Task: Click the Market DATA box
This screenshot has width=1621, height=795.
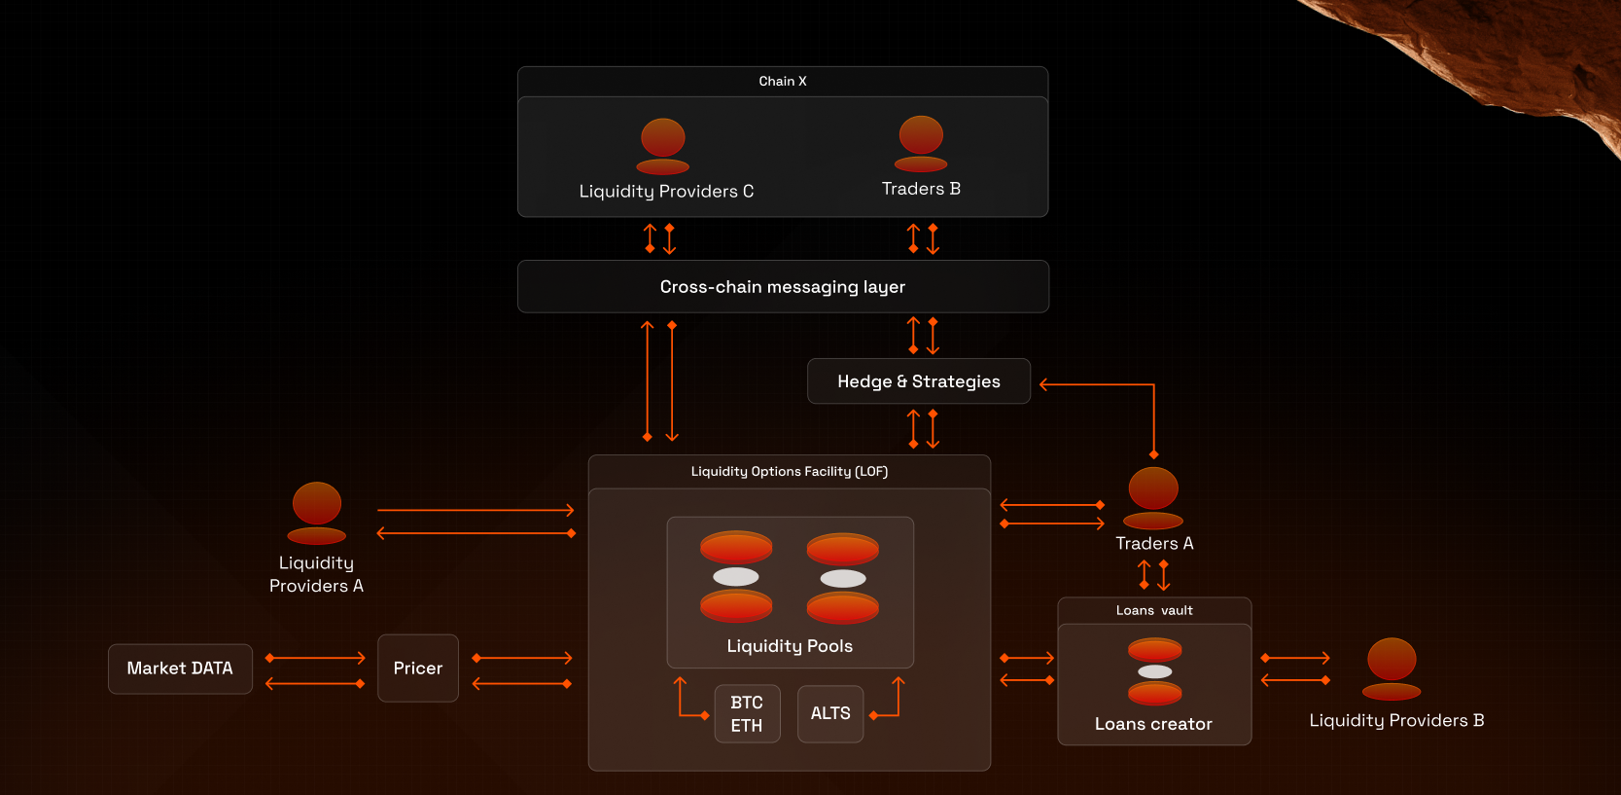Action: tap(180, 669)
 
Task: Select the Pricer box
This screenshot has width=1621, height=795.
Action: tap(418, 669)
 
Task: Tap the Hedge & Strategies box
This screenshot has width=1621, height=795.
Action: tap(918, 381)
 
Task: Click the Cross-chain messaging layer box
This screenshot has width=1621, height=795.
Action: tap(783, 287)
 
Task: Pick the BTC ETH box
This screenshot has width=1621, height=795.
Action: tap(747, 714)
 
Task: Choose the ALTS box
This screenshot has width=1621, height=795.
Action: tap(830, 714)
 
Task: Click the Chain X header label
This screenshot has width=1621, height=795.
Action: tap(783, 82)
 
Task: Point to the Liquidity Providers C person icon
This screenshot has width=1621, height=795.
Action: tap(663, 146)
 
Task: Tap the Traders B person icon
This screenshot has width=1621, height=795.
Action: tap(921, 144)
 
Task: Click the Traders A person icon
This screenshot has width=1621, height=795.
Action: tap(1153, 497)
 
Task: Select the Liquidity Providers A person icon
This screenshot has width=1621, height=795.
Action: tap(317, 513)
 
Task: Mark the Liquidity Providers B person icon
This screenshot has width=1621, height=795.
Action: tap(1392, 669)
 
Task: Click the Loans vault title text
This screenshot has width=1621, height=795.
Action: tap(1154, 611)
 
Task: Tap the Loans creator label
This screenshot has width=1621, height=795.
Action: tap(1153, 724)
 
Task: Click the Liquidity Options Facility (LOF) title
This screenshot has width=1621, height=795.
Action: tap(790, 472)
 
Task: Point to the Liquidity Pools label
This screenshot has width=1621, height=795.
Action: tap(790, 646)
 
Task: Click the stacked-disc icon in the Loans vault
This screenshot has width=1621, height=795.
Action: tap(1154, 671)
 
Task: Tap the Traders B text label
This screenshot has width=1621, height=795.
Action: tap(921, 189)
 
